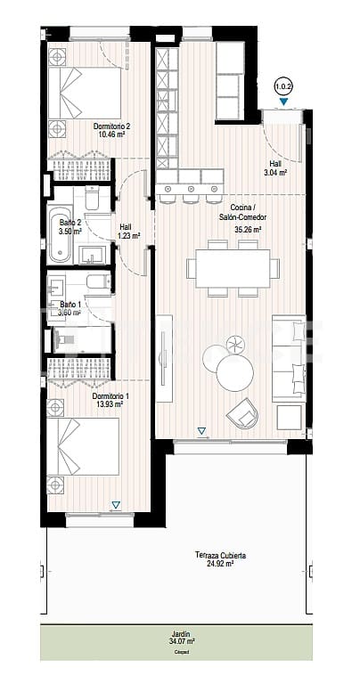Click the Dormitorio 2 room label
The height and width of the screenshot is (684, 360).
coord(112,126)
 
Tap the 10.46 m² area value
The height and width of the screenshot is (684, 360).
coord(112,135)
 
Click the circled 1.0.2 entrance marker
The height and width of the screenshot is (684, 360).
coord(283,87)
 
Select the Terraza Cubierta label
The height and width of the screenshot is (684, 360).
coord(220,555)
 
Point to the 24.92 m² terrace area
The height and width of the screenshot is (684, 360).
coord(220,564)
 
